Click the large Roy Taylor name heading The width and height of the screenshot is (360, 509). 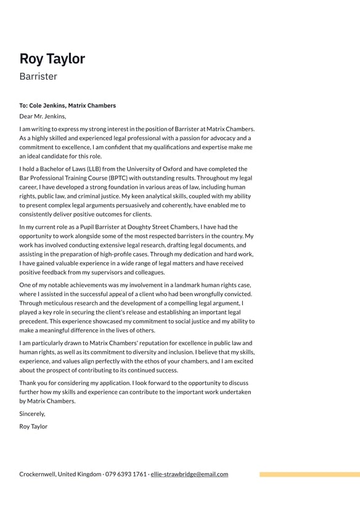point(52,59)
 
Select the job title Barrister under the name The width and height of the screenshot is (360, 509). point(38,77)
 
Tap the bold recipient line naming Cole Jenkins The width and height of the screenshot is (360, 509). point(67,106)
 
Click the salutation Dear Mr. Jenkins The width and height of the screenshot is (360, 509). point(43,116)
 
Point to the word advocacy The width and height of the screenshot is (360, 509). point(211,138)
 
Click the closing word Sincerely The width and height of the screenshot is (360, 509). point(32,414)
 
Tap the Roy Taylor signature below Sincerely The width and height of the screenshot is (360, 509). point(33,426)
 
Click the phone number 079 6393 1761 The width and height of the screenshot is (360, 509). point(126,474)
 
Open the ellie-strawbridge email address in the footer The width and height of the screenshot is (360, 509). point(189,474)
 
